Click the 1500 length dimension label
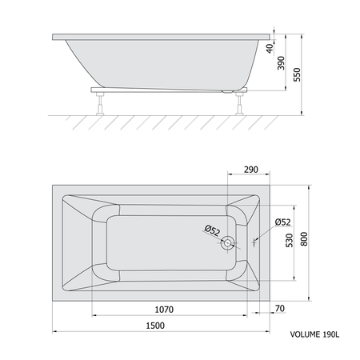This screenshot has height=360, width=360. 155,326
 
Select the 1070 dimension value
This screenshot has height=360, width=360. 164,310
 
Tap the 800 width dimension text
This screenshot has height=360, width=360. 304,239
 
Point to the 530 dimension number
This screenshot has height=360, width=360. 290,240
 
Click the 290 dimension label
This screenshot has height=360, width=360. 251,170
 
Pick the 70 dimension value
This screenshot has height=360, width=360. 280,308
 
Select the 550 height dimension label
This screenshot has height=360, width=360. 297,74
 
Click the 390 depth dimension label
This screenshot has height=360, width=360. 281,63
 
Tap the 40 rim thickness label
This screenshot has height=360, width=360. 270,48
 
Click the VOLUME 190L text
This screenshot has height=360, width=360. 314,334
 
